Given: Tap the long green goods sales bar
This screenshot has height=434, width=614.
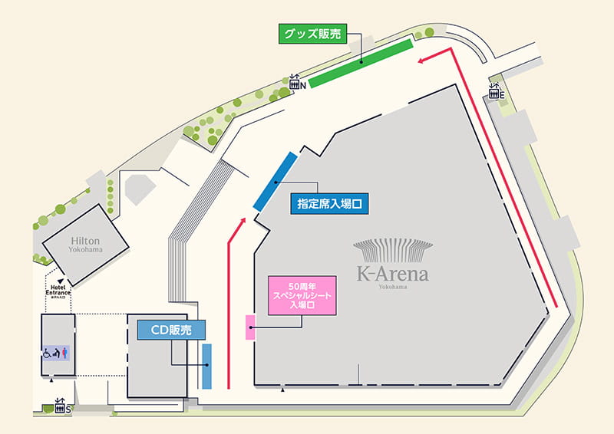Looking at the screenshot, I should pos(361,61).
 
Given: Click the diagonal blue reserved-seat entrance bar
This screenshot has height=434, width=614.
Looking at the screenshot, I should pos(275,181).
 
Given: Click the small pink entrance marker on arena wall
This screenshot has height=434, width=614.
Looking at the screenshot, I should pos(250,327).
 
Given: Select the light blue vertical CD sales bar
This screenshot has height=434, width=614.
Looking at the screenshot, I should pos(206,366).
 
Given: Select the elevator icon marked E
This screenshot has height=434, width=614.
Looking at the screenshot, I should pos(496,92).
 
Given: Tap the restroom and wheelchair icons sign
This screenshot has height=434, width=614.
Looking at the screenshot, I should pos(58,353).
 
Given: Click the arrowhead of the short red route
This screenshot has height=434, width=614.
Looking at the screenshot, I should pos(243,221).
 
